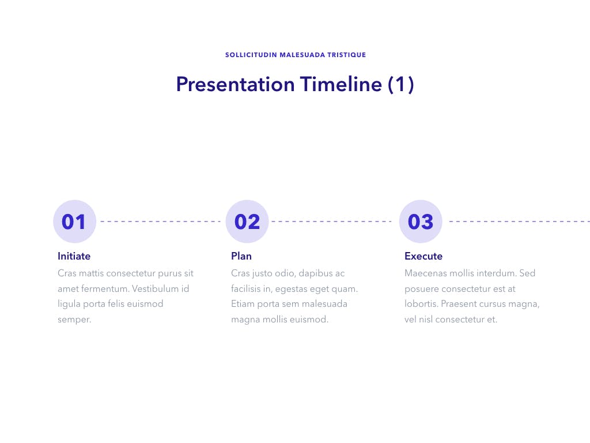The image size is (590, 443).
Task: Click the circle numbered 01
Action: [x=74, y=221]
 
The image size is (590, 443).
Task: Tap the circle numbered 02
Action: [x=247, y=221]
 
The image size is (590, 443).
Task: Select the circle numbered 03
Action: [x=421, y=221]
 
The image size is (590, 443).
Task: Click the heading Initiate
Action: [x=74, y=256]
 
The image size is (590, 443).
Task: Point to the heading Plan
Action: [x=241, y=256]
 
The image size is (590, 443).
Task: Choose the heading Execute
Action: [x=423, y=256]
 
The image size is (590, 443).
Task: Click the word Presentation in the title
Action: [x=235, y=84]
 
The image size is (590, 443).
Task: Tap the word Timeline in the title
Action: [x=341, y=84]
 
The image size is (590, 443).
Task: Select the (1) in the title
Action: [x=401, y=84]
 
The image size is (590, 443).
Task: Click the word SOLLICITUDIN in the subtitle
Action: [x=251, y=55]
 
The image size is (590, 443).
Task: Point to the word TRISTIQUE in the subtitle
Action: [x=346, y=55]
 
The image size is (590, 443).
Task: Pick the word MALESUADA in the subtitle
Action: [x=302, y=55]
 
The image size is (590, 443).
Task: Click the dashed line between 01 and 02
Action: [x=161, y=221]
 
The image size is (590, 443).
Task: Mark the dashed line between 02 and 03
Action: [x=331, y=221]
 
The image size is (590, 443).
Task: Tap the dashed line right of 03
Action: [x=520, y=221]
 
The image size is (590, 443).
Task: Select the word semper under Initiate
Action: [x=74, y=320]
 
